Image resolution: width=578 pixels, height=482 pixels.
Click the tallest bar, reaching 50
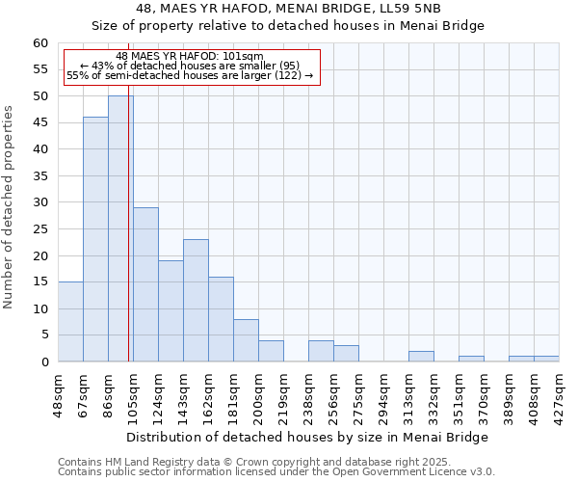(120, 228)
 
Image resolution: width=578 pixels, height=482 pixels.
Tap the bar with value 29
(145, 284)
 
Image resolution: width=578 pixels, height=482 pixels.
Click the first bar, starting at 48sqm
(70, 322)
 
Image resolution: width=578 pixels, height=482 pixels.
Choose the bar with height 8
(246, 340)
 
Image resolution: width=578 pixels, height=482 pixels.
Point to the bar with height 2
(421, 357)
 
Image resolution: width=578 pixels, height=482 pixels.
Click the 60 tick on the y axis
(39, 43)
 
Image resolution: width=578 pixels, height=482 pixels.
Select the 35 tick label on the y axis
(39, 176)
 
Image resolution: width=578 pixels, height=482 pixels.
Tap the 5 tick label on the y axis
(43, 335)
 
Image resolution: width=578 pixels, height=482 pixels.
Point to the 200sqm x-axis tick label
(258, 394)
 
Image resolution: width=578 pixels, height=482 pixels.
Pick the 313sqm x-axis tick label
(408, 394)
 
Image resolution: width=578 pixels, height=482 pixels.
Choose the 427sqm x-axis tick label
(559, 394)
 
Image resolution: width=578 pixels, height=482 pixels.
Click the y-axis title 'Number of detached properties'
(10, 207)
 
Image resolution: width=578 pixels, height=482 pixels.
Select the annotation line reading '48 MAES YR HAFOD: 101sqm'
(189, 57)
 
